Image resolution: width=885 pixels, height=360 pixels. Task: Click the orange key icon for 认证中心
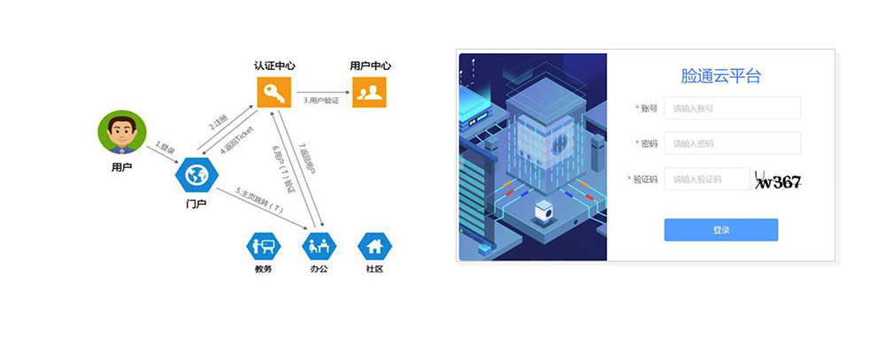click(x=273, y=92)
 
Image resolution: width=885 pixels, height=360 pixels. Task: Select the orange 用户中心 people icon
click(x=370, y=92)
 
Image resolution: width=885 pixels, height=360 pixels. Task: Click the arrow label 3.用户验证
click(x=322, y=101)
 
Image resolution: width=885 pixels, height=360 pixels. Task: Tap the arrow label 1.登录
click(x=165, y=149)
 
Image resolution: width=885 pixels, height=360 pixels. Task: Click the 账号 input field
click(x=732, y=108)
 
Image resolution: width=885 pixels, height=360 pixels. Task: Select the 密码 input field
click(x=732, y=143)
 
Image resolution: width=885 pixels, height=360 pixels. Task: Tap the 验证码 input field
click(x=706, y=180)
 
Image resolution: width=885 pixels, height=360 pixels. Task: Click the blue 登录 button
click(x=720, y=230)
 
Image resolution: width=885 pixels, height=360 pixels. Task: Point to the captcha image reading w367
click(x=778, y=181)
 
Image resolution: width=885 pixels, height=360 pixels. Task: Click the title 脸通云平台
click(x=720, y=76)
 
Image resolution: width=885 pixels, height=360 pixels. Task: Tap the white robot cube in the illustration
click(x=545, y=212)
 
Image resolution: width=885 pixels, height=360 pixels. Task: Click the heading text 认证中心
click(x=273, y=65)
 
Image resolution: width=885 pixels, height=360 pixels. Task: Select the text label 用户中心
click(x=370, y=65)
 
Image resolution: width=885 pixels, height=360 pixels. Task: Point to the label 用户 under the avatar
click(x=121, y=165)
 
